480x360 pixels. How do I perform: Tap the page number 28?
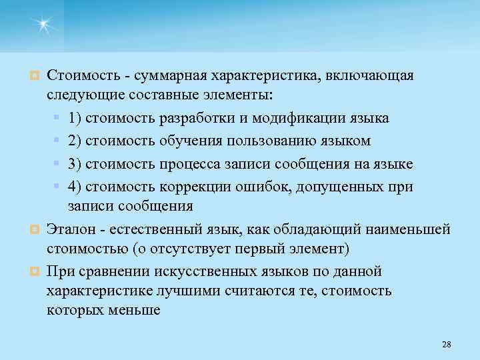coord(447,344)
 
